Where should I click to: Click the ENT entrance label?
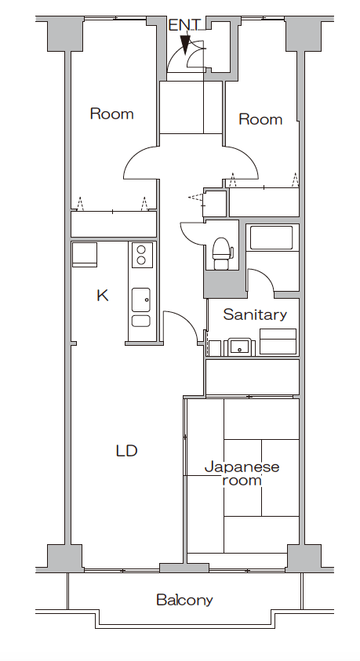[x=185, y=25]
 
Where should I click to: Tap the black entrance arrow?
[x=185, y=44]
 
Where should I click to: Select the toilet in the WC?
[x=221, y=253]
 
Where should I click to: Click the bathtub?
[x=271, y=238]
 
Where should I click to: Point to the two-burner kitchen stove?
[x=142, y=255]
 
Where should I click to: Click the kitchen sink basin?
[x=141, y=300]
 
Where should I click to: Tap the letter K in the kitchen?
[x=103, y=296]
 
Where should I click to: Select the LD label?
[x=126, y=451]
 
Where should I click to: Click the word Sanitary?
[x=255, y=314]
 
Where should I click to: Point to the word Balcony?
[x=184, y=600]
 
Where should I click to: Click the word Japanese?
[x=242, y=467]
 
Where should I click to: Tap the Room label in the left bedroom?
[x=111, y=114]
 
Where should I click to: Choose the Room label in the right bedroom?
[x=260, y=119]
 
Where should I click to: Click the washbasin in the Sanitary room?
[x=240, y=347]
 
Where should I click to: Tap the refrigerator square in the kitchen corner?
[x=85, y=254]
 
